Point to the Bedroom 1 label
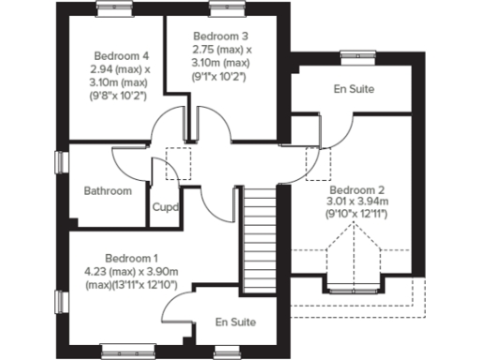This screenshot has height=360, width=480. [x=131, y=258]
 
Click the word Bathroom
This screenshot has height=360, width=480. [x=108, y=190]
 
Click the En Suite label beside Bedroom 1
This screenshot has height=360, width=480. [x=235, y=322]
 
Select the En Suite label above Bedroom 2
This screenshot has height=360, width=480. [x=355, y=90]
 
